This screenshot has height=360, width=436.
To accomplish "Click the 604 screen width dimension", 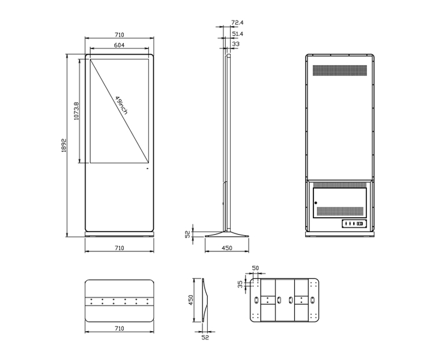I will click(119, 46).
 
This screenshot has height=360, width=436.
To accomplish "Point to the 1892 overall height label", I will click(63, 146).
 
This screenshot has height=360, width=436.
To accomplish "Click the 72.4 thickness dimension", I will click(237, 23).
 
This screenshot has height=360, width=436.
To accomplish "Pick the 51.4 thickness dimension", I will click(237, 34).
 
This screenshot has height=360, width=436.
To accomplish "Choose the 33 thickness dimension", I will click(235, 44).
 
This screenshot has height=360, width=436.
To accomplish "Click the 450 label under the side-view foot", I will click(227, 248).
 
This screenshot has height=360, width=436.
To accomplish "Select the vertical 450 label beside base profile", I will click(191, 299).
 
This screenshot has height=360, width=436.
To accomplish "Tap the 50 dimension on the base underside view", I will click(255, 268).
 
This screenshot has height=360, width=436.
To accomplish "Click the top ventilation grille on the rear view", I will click(339, 70).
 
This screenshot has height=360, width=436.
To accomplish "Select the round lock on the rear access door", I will click(316, 203).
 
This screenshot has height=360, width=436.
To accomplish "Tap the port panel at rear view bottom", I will click(353, 224).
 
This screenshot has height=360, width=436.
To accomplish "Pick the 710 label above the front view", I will click(119, 35).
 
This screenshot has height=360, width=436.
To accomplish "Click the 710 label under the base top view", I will click(119, 328).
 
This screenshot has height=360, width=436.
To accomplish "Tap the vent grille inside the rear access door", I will click(341, 211).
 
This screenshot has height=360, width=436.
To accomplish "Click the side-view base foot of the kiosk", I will click(227, 233).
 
